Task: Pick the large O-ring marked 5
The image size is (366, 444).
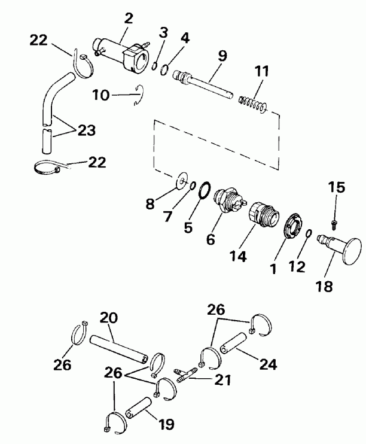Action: coord(204,193)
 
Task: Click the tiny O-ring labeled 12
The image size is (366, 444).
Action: coord(308,235)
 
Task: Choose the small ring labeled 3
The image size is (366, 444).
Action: coord(155,67)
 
